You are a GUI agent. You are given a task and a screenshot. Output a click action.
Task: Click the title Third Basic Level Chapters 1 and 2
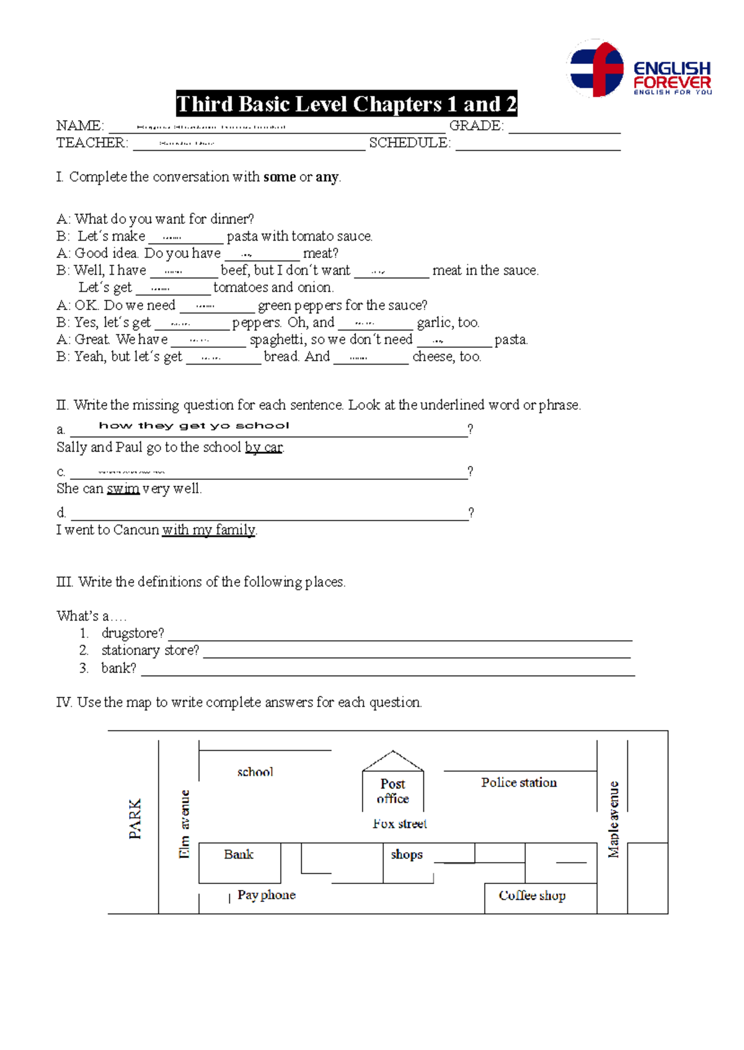(x=346, y=104)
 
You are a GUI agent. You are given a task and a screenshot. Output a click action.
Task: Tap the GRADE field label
(x=476, y=126)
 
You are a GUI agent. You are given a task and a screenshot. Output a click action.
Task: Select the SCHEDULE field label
(x=410, y=143)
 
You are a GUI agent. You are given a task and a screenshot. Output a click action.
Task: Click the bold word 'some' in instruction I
(x=279, y=177)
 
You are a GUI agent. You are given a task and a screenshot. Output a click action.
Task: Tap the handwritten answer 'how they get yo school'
(x=193, y=425)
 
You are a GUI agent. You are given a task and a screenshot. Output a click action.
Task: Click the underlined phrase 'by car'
(x=264, y=448)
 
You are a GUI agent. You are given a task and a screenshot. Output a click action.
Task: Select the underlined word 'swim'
(x=123, y=489)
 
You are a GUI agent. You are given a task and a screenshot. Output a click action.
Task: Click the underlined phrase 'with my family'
(x=208, y=531)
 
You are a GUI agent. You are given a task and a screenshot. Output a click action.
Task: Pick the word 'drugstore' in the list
(x=132, y=633)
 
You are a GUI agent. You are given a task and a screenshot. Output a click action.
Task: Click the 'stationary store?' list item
(x=150, y=651)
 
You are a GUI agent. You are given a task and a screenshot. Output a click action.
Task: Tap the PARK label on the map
(x=135, y=819)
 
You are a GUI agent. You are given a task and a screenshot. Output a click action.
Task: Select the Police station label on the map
(x=519, y=783)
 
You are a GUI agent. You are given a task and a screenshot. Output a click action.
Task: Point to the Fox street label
(x=400, y=824)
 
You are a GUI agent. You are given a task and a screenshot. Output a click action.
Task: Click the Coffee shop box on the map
(x=533, y=896)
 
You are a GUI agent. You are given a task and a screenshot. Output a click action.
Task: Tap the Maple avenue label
(x=613, y=819)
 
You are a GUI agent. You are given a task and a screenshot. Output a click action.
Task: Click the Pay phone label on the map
(x=267, y=896)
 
